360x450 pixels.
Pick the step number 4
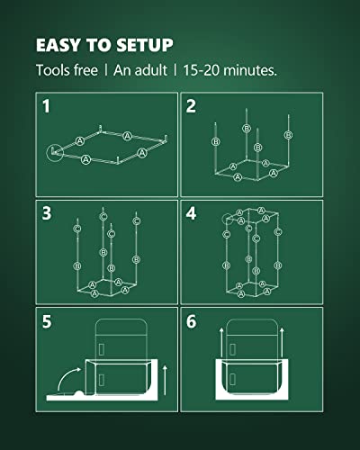pos(190,212)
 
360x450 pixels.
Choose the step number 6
pos(190,319)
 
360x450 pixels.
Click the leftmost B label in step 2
pos(215,142)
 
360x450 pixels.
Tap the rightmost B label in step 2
pos(287,134)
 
